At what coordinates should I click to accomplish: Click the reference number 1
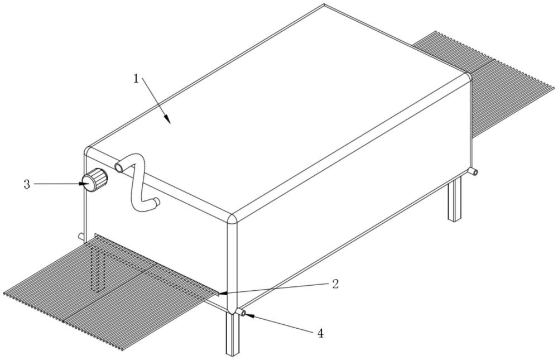136,78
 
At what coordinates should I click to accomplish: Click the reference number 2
335,284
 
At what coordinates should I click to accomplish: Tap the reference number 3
27,184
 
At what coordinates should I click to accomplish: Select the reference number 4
321,333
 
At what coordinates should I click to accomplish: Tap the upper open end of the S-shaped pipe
118,167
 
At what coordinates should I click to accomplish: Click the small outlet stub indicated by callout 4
242,313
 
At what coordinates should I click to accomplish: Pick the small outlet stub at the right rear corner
473,172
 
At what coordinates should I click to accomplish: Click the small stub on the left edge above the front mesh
81,236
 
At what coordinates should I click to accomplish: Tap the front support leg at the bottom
232,333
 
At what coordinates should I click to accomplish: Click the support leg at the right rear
454,198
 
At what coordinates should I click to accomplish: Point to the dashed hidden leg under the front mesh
99,268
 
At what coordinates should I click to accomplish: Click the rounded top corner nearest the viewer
232,218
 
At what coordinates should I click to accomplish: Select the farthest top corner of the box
324,4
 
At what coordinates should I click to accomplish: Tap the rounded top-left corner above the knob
87,150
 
